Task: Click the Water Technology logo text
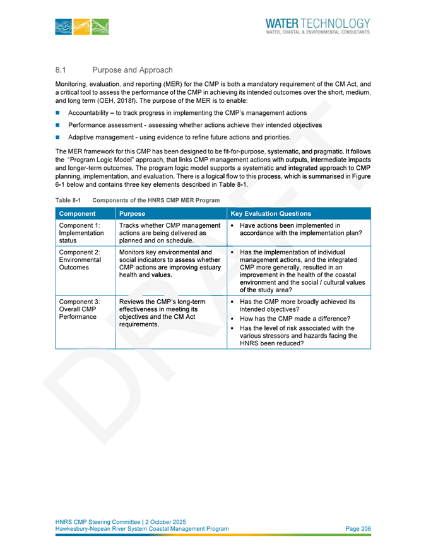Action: click(x=318, y=23)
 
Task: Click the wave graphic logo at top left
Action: click(x=82, y=26)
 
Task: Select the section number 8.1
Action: click(x=61, y=69)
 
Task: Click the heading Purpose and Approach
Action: click(x=132, y=69)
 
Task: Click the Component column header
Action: click(x=76, y=213)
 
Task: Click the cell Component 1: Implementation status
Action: click(x=76, y=232)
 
